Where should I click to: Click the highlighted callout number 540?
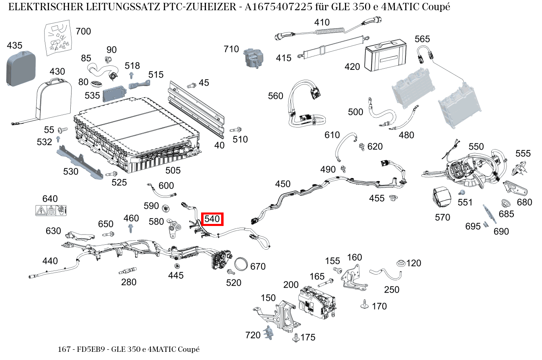click(x=213, y=219)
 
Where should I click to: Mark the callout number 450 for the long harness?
click(x=283, y=184)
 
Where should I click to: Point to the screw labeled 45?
click(x=191, y=85)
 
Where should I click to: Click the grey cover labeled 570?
click(x=441, y=197)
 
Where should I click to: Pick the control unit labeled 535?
click(x=115, y=95)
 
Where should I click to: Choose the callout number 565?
click(x=422, y=39)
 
